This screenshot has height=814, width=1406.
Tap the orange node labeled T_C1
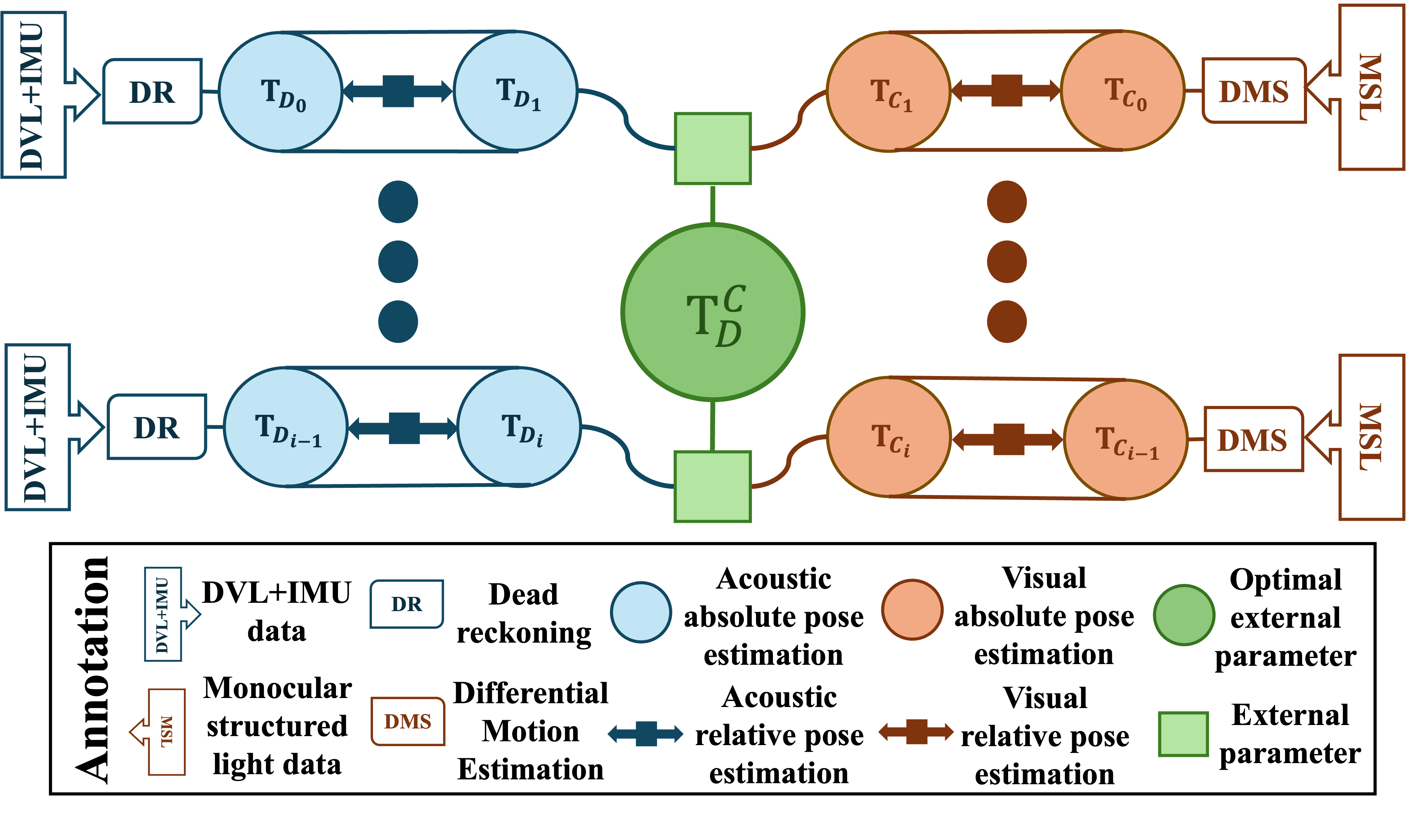pos(888,92)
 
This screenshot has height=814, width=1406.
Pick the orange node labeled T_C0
pos(1123,91)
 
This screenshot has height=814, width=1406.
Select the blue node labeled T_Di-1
pos(286,427)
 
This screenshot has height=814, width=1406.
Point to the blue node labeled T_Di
pos(519,427)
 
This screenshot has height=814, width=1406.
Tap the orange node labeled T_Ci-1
pos(1125,440)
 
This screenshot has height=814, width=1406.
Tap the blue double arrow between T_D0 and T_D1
pos(398,91)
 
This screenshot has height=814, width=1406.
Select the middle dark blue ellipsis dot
pos(398,262)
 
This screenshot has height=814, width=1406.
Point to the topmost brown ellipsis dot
pos(1006,202)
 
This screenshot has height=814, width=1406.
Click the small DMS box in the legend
pos(408,722)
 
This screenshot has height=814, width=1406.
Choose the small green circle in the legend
pos(1184,615)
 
